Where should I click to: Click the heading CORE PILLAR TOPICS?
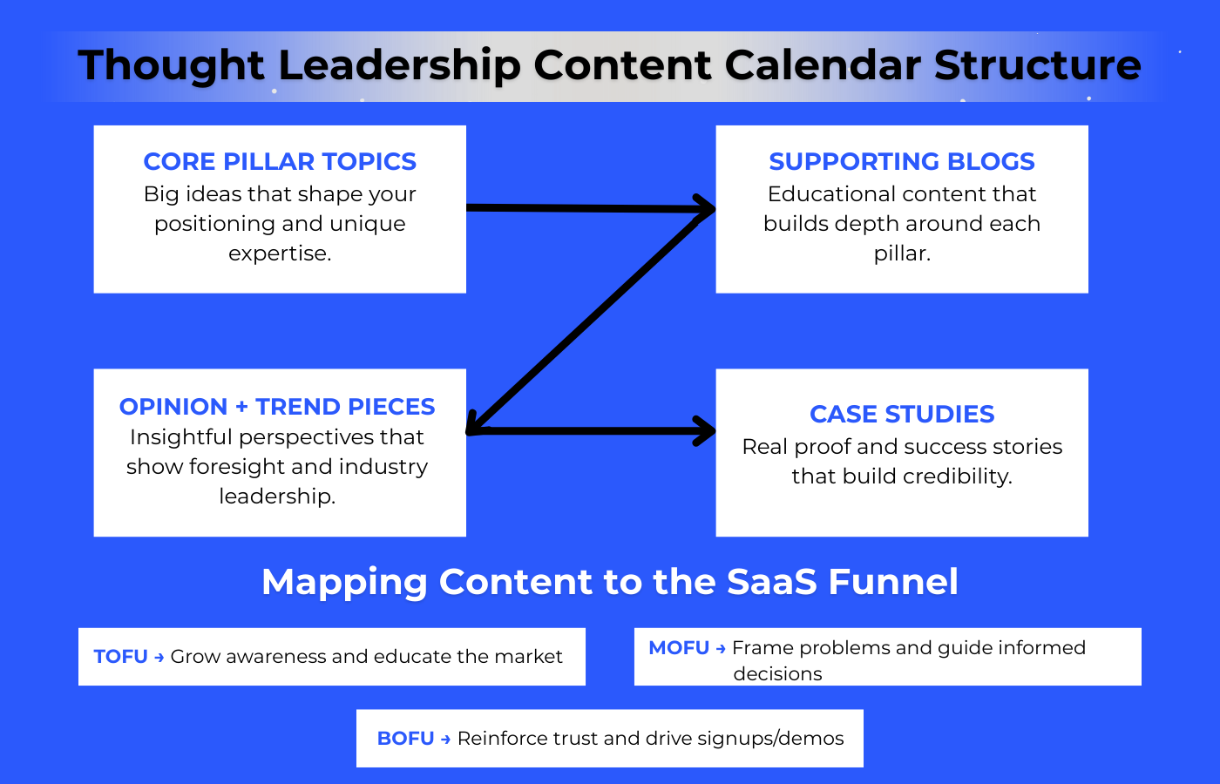(280, 161)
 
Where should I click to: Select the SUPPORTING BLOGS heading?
(902, 161)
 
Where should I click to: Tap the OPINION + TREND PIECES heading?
(277, 407)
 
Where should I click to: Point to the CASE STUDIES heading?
(902, 414)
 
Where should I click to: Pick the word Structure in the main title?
(1037, 65)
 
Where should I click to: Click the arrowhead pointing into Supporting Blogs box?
(704, 207)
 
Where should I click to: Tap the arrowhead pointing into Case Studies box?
(704, 430)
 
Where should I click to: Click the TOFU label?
(120, 657)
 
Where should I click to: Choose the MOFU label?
(679, 648)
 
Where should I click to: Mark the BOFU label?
(405, 739)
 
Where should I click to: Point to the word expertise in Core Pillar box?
(279, 253)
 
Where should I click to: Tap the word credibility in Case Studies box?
(957, 476)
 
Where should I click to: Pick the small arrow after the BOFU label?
(445, 740)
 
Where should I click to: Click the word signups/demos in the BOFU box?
(770, 739)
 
